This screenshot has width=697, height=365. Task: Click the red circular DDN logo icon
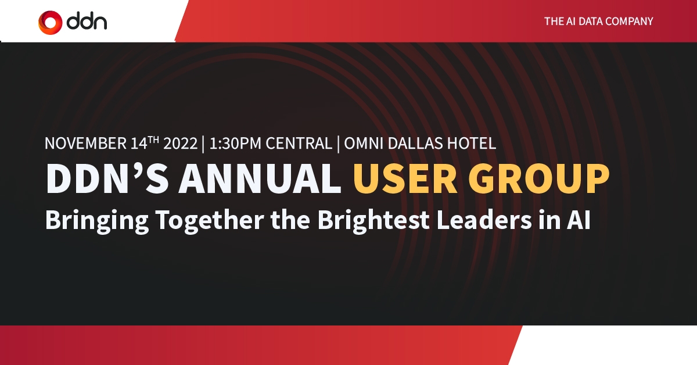(x=50, y=23)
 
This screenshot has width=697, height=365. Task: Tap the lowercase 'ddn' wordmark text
(x=87, y=22)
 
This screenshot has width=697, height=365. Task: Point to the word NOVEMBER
(x=85, y=144)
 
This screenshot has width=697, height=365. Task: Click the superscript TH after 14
(x=153, y=140)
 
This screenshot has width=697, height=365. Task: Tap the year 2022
(x=181, y=144)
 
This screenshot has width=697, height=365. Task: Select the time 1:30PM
(x=235, y=144)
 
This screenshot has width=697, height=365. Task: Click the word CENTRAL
(x=299, y=144)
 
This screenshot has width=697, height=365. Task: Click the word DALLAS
(x=415, y=144)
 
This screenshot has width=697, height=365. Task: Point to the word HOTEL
(x=472, y=144)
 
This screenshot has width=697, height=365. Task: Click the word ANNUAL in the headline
(x=260, y=179)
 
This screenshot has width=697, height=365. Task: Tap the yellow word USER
(x=405, y=179)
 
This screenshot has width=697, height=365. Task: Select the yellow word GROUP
(x=539, y=179)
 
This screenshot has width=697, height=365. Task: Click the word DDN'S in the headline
(x=107, y=179)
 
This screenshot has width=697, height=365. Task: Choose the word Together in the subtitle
(x=210, y=220)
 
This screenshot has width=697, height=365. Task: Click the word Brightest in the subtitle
(x=373, y=220)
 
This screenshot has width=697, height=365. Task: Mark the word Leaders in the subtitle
(x=484, y=220)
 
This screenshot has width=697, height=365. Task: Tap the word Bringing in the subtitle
(x=97, y=220)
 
